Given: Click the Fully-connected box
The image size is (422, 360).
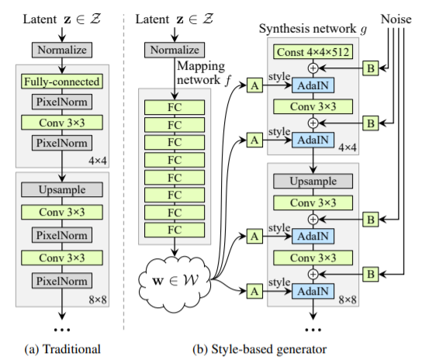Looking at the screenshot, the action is coord(62,81).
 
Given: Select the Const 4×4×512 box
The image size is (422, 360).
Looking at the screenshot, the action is coord(313,52).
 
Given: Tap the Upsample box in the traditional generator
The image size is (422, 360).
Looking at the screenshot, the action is coord(62,189).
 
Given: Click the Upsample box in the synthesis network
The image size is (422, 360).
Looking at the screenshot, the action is coord(313,181).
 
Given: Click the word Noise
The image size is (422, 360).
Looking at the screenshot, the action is coord(396,19).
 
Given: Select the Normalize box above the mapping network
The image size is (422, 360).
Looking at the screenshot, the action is coord(175,50).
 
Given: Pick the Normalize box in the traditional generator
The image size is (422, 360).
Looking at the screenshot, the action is coord(62,50).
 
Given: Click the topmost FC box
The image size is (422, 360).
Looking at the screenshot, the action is coord(175,107).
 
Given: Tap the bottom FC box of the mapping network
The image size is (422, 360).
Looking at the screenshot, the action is coord(175,230).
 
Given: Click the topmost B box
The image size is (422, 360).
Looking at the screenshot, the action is coord(371,68).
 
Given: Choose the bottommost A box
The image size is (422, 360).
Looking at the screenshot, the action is coord(254,291).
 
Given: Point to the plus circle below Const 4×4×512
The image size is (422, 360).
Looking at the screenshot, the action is coord(313,68).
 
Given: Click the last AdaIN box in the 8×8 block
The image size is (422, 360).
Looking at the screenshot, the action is coord(313,291).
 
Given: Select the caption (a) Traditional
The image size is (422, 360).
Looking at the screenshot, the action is coord(62,349).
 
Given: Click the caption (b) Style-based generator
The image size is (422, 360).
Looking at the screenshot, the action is coord(259,349).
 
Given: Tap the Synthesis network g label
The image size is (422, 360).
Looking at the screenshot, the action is coord(313,29).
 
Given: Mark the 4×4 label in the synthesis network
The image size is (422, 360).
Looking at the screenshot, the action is coord(348,147).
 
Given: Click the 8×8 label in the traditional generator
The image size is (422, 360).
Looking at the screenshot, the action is coord(98,299).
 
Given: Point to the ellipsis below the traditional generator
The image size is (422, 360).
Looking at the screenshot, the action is coord(62,330).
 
